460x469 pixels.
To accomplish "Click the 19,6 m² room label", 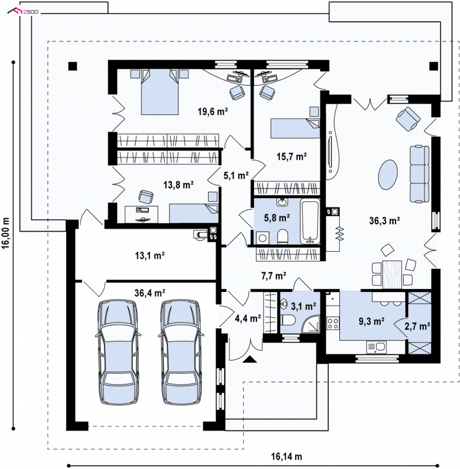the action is click(x=213, y=112).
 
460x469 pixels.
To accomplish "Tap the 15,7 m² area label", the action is click(x=292, y=156).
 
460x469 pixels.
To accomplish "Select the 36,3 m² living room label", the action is click(x=385, y=221).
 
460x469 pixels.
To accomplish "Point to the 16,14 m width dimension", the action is click(x=286, y=456).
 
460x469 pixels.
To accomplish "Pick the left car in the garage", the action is click(x=117, y=352).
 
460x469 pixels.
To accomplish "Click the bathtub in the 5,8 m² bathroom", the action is click(x=310, y=221).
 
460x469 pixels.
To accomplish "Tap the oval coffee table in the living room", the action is click(x=388, y=174).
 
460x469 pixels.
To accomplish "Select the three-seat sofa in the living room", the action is click(x=419, y=174).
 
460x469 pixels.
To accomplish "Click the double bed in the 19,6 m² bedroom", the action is click(x=160, y=92).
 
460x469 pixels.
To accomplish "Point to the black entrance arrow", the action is click(x=250, y=359).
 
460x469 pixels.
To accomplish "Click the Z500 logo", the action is click(x=23, y=11).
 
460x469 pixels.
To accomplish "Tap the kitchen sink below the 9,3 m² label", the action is click(x=376, y=347).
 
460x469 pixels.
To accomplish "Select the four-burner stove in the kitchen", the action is click(x=332, y=323).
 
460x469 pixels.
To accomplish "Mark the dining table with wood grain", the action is click(x=392, y=274).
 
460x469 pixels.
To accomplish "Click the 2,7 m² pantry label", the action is click(x=417, y=326).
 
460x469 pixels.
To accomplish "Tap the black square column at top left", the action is click(x=72, y=66).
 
